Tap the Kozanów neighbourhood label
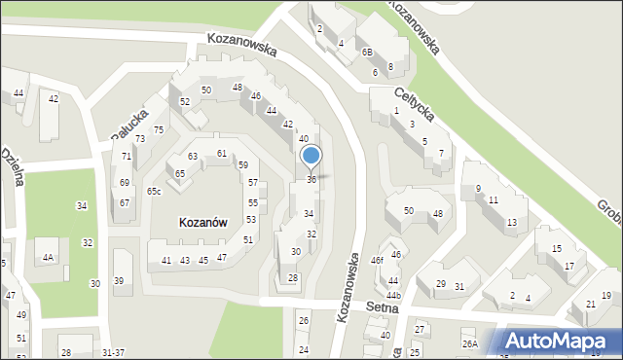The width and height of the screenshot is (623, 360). (203, 222)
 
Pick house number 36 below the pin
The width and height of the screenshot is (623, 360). (311, 179)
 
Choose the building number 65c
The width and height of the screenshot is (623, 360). (154, 191)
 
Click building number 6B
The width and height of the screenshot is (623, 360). (367, 53)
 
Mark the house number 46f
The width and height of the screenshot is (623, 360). (377, 261)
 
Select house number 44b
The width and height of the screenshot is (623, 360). (393, 295)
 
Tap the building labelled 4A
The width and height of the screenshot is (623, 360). (47, 258)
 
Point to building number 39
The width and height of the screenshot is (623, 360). (119, 281)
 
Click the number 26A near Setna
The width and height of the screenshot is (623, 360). (470, 344)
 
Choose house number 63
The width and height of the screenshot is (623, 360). (193, 156)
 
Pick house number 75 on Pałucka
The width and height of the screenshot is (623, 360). (159, 130)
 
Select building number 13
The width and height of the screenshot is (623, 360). (511, 223)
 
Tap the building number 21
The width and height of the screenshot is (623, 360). (590, 305)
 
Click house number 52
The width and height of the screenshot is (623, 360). (185, 101)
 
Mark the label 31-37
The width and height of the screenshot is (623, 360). (113, 352)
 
